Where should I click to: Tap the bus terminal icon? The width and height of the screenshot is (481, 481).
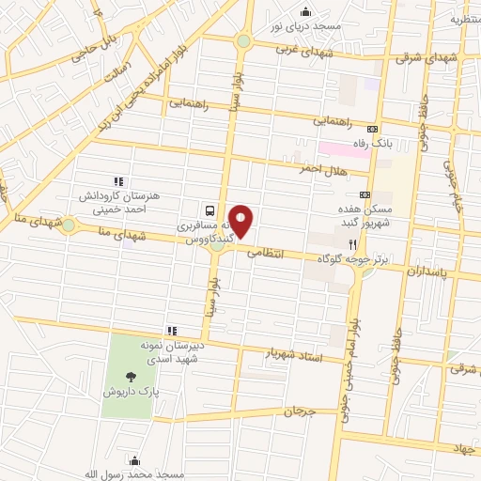(209, 211)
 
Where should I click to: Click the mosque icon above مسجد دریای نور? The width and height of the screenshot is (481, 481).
(305, 12)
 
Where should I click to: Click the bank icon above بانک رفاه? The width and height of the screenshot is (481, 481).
(373, 129)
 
